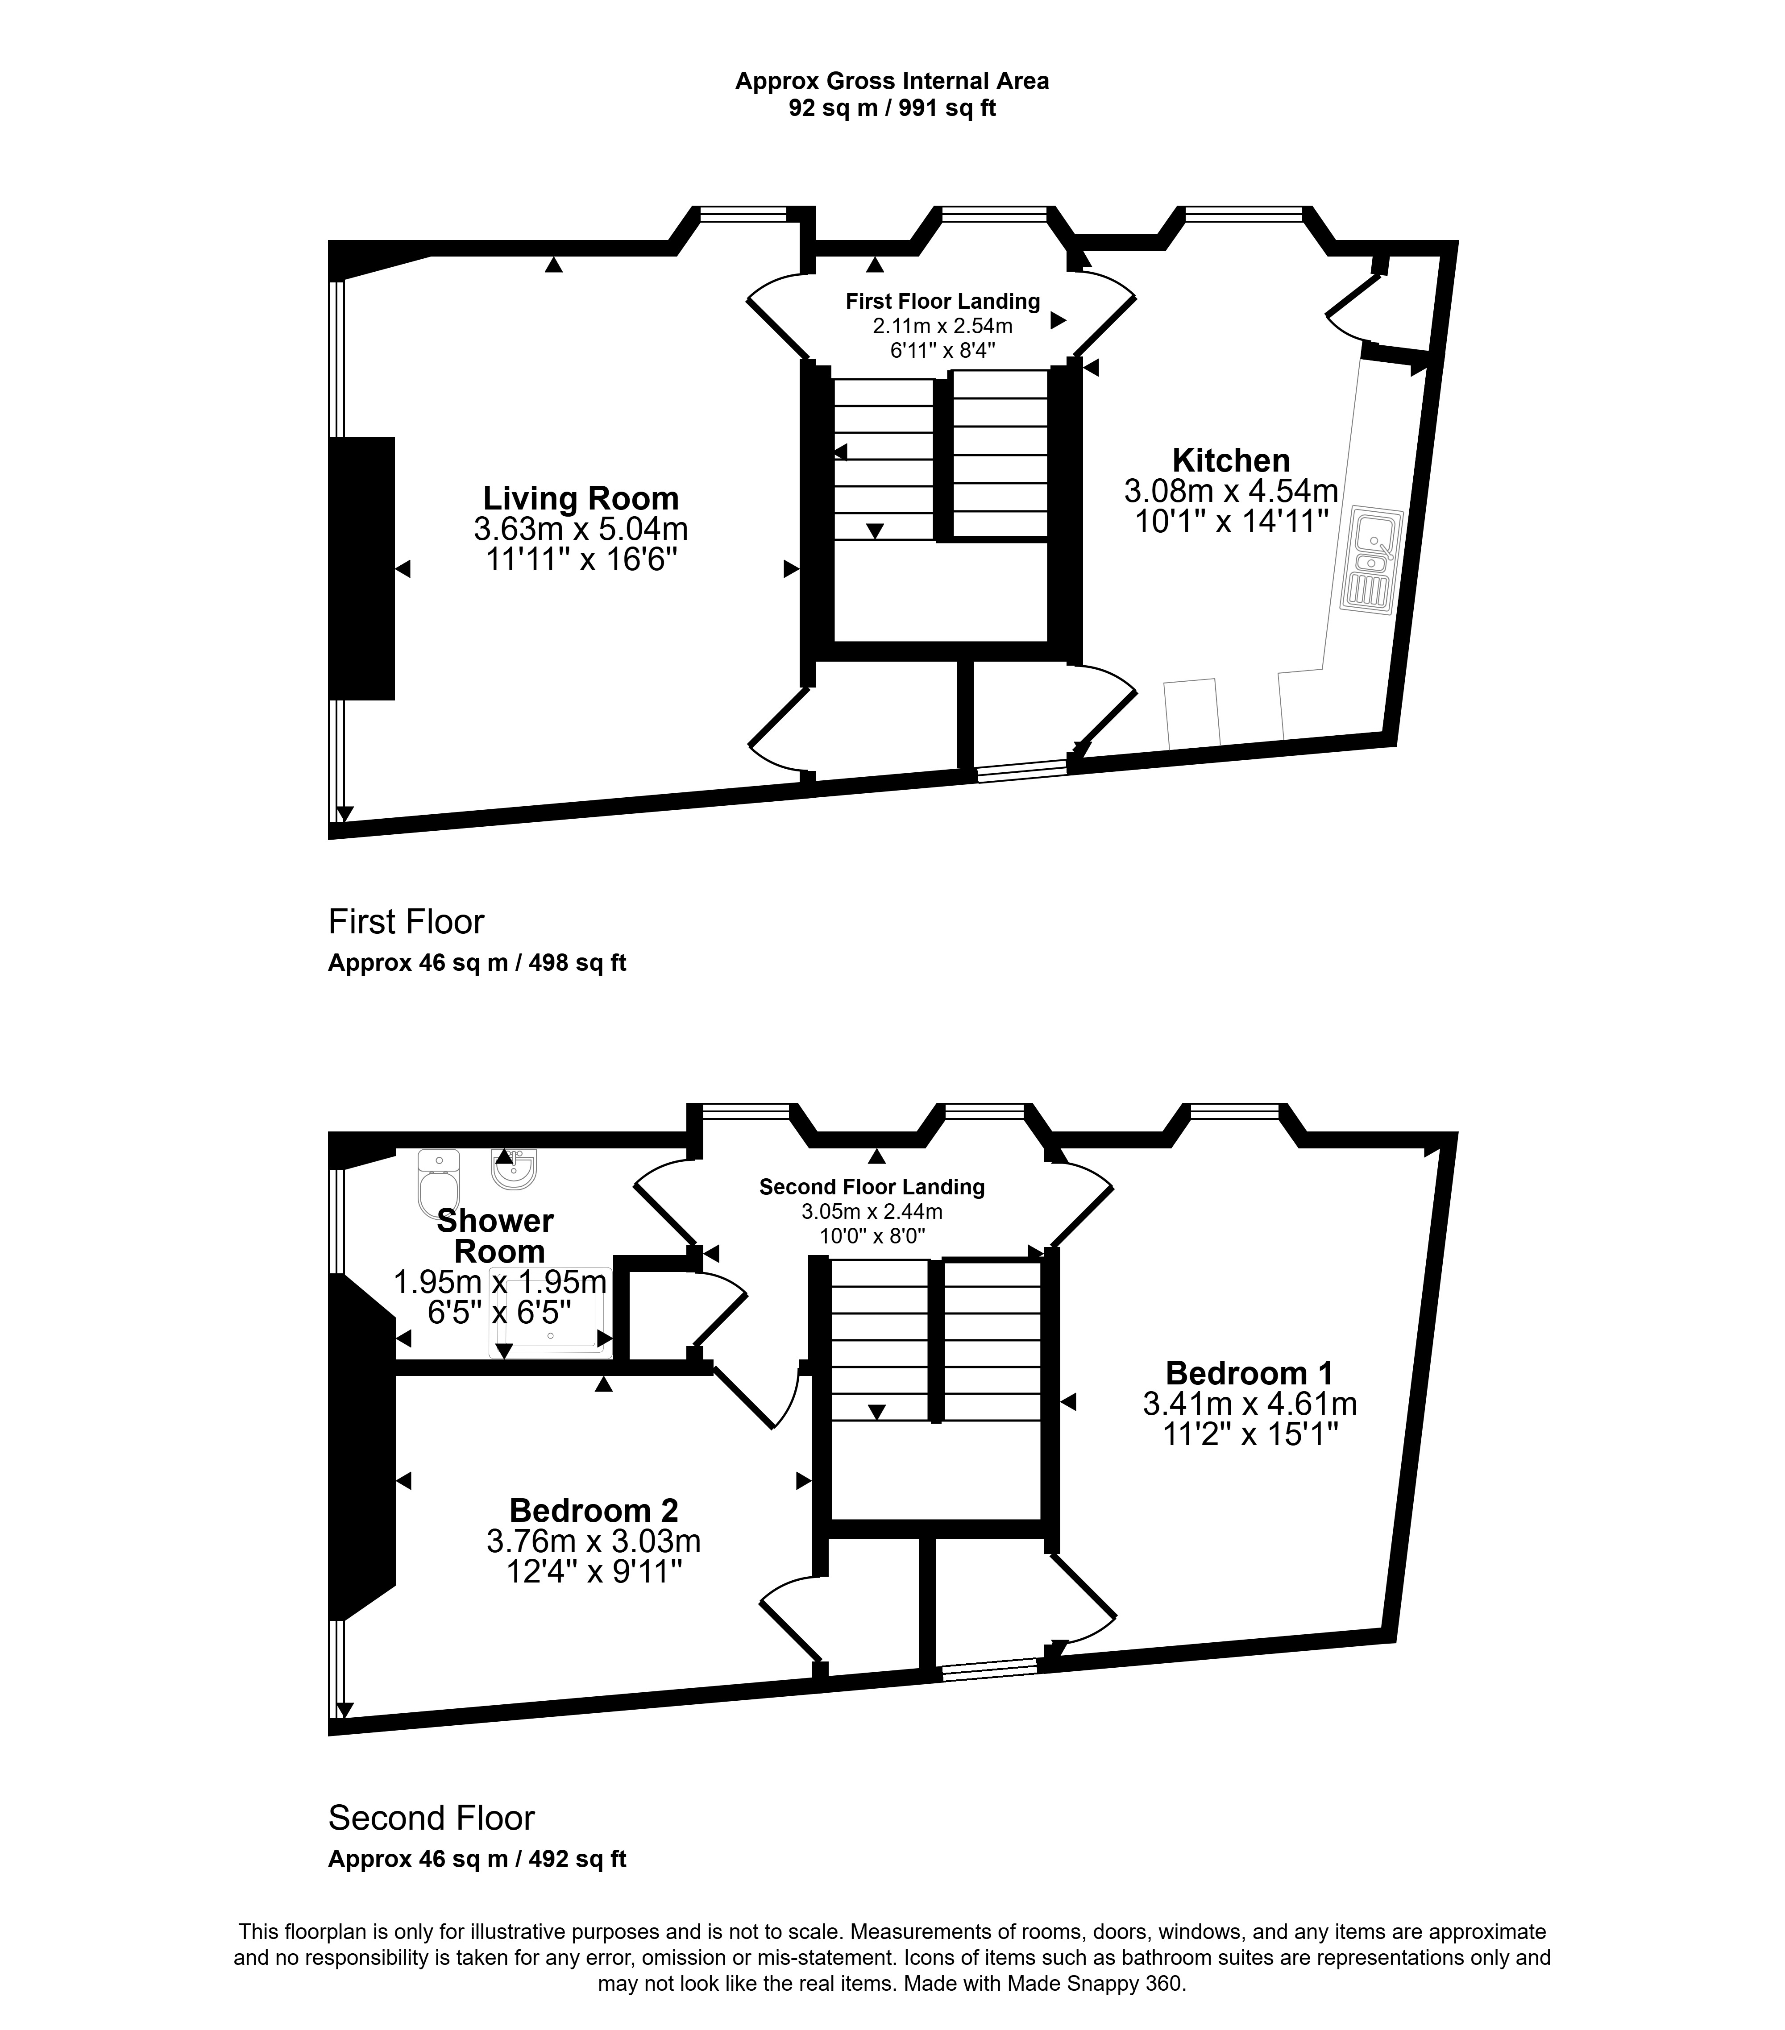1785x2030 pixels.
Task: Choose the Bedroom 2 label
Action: pyautogui.click(x=594, y=1510)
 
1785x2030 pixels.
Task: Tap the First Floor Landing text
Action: pyautogui.click(x=942, y=301)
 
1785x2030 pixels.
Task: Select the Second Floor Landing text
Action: pyautogui.click(x=872, y=1187)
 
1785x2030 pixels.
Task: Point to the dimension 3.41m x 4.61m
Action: pyautogui.click(x=1249, y=1403)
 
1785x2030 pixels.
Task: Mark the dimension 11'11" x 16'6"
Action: pyautogui.click(x=581, y=559)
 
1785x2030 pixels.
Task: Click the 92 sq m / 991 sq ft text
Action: pyautogui.click(x=892, y=108)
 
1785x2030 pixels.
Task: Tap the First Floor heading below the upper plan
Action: pyautogui.click(x=406, y=922)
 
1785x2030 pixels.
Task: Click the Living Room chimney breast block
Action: pyautogui.click(x=361, y=568)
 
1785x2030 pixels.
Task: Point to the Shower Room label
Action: pyautogui.click(x=496, y=1235)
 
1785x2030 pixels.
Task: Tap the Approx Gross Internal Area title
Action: pyautogui.click(x=892, y=82)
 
